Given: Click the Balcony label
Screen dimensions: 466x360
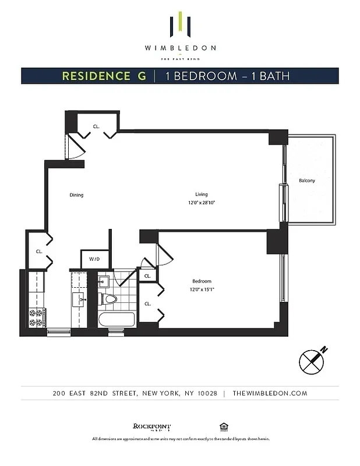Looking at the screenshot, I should click(306, 181).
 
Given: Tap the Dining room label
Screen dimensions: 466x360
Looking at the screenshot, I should click(76, 195).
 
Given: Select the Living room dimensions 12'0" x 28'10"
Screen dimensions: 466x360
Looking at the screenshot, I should click(202, 203).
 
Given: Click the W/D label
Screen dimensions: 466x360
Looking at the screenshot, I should click(94, 259).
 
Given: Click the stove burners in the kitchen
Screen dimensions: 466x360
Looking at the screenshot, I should click(36, 317).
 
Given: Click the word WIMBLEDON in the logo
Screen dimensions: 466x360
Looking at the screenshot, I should click(179, 48).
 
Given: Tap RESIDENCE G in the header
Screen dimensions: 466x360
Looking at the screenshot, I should click(104, 76).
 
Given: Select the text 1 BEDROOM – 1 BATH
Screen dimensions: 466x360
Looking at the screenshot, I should click(227, 76).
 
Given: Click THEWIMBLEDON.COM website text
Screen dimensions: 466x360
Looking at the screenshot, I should click(270, 393).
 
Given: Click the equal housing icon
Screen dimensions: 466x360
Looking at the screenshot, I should click(223, 426).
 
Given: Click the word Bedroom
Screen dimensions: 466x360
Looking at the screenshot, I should click(202, 281).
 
